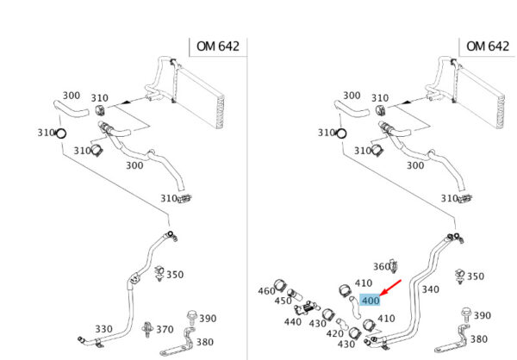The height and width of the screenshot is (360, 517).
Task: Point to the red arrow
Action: tap(392, 288)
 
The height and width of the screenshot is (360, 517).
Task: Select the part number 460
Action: tap(266, 291)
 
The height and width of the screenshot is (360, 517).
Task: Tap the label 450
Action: tap(283, 301)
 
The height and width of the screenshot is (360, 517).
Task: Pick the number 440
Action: tap(293, 322)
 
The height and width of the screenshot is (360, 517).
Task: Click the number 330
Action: tap(103, 330)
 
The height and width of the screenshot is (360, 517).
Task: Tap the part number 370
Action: tap(164, 330)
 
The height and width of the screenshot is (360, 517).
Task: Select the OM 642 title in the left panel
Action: tap(215, 46)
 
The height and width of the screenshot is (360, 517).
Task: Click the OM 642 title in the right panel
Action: tap(488, 46)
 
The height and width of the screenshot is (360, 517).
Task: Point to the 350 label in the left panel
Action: tap(175, 276)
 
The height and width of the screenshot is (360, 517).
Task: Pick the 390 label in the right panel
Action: tap(483, 316)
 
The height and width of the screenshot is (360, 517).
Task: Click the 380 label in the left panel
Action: tap(208, 338)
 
